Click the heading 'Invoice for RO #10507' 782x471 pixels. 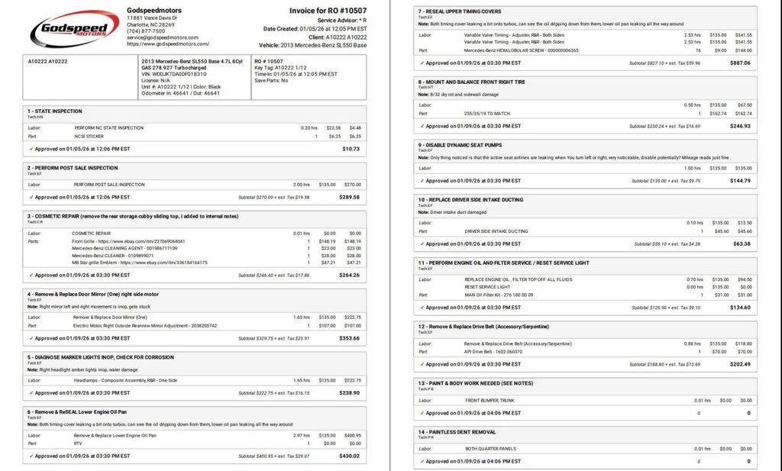coord(328,11)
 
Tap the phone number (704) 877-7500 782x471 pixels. coord(145,31)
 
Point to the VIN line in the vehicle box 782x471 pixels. coord(173,73)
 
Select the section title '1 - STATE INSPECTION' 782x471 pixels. coord(55,111)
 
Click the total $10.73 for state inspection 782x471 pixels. coord(351,148)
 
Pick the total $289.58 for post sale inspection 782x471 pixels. coord(350,197)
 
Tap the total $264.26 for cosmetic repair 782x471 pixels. coord(350,275)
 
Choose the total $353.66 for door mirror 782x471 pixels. coord(350,337)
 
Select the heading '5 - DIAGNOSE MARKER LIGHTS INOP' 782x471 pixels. coord(101,356)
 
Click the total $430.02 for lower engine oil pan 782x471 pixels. coord(350,456)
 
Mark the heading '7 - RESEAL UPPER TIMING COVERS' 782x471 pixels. coord(460,11)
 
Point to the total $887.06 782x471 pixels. coord(740,63)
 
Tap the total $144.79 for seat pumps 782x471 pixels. coord(740,181)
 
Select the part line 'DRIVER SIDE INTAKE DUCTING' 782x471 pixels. coord(496,231)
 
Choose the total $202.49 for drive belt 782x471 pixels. coord(740,364)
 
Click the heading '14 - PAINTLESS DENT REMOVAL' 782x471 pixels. coord(457,432)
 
